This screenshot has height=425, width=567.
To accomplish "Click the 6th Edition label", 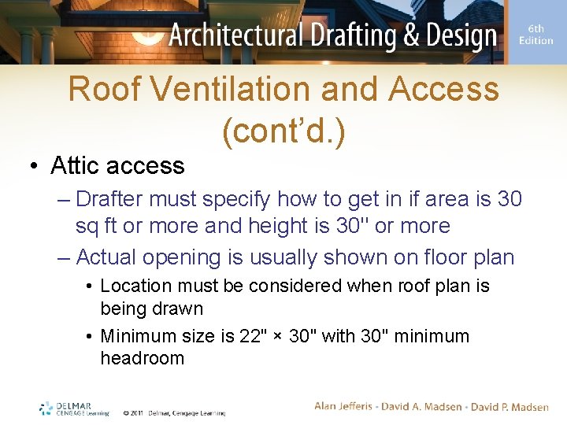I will pos(535,35).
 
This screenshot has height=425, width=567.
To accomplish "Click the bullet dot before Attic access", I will pos(34,166).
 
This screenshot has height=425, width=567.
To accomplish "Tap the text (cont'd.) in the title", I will pos(283,133).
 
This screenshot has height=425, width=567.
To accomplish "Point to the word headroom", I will pos(142,358).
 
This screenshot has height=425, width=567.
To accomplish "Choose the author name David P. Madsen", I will pos(509,406).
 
